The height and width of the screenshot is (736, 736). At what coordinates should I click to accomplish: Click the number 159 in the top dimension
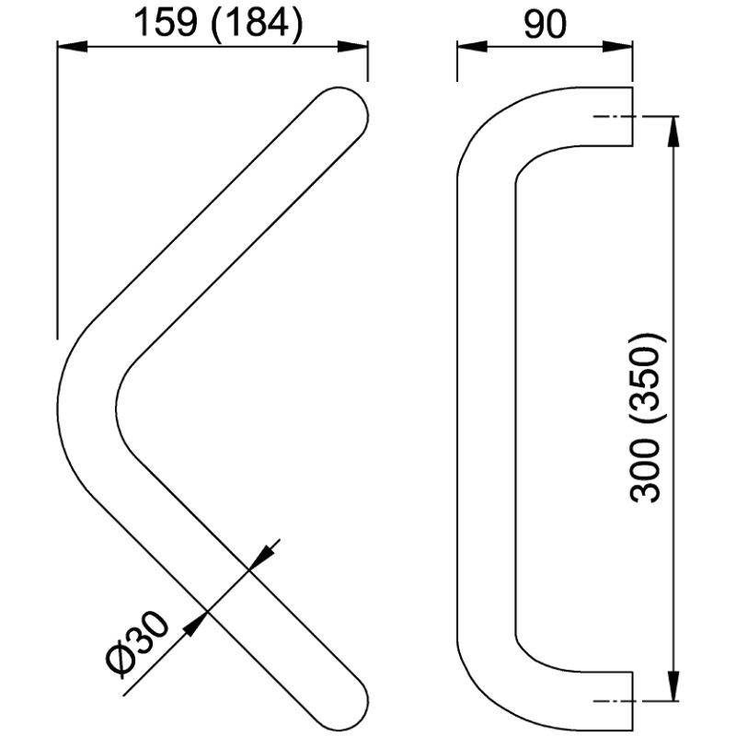point(166,23)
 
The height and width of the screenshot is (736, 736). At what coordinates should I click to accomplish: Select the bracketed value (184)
point(258,24)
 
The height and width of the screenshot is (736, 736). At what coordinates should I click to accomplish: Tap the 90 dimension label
point(545,25)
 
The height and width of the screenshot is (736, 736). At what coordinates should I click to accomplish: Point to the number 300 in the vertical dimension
point(646,471)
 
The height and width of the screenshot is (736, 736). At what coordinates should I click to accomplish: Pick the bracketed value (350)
point(648,379)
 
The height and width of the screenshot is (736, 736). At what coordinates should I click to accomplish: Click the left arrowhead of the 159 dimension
point(73,47)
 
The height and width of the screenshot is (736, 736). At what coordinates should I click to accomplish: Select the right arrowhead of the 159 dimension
point(352,47)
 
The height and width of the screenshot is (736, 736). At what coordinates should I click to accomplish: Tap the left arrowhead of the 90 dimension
point(472,47)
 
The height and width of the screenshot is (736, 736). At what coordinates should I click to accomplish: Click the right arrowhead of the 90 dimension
point(617,47)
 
